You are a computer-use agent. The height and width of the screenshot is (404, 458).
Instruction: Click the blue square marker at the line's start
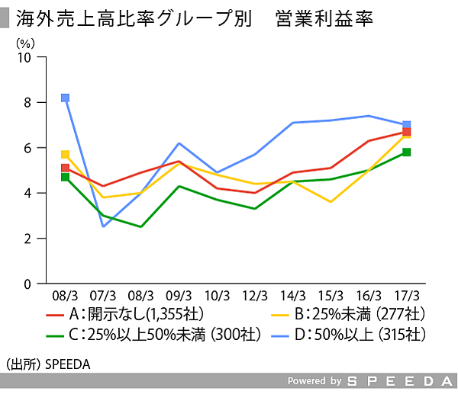click(65, 98)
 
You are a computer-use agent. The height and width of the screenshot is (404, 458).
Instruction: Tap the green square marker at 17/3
click(407, 152)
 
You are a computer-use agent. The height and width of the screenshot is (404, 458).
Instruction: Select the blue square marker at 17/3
click(407, 125)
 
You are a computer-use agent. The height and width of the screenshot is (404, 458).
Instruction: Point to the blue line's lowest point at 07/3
click(103, 226)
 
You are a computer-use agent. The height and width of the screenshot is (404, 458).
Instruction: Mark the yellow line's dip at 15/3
click(331, 202)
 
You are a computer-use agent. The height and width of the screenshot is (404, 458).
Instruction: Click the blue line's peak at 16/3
click(369, 116)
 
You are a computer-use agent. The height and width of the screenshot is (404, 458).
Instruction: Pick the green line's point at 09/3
click(179, 186)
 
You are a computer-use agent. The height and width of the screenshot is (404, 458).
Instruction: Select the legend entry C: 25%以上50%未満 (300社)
click(153, 335)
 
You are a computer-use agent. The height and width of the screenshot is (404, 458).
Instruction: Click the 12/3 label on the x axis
click(255, 294)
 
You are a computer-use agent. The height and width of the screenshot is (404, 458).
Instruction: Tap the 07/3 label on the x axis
click(103, 294)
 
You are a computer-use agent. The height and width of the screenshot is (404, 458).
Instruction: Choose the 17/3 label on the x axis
click(407, 294)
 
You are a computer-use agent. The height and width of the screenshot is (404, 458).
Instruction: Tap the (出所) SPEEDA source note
click(47, 364)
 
